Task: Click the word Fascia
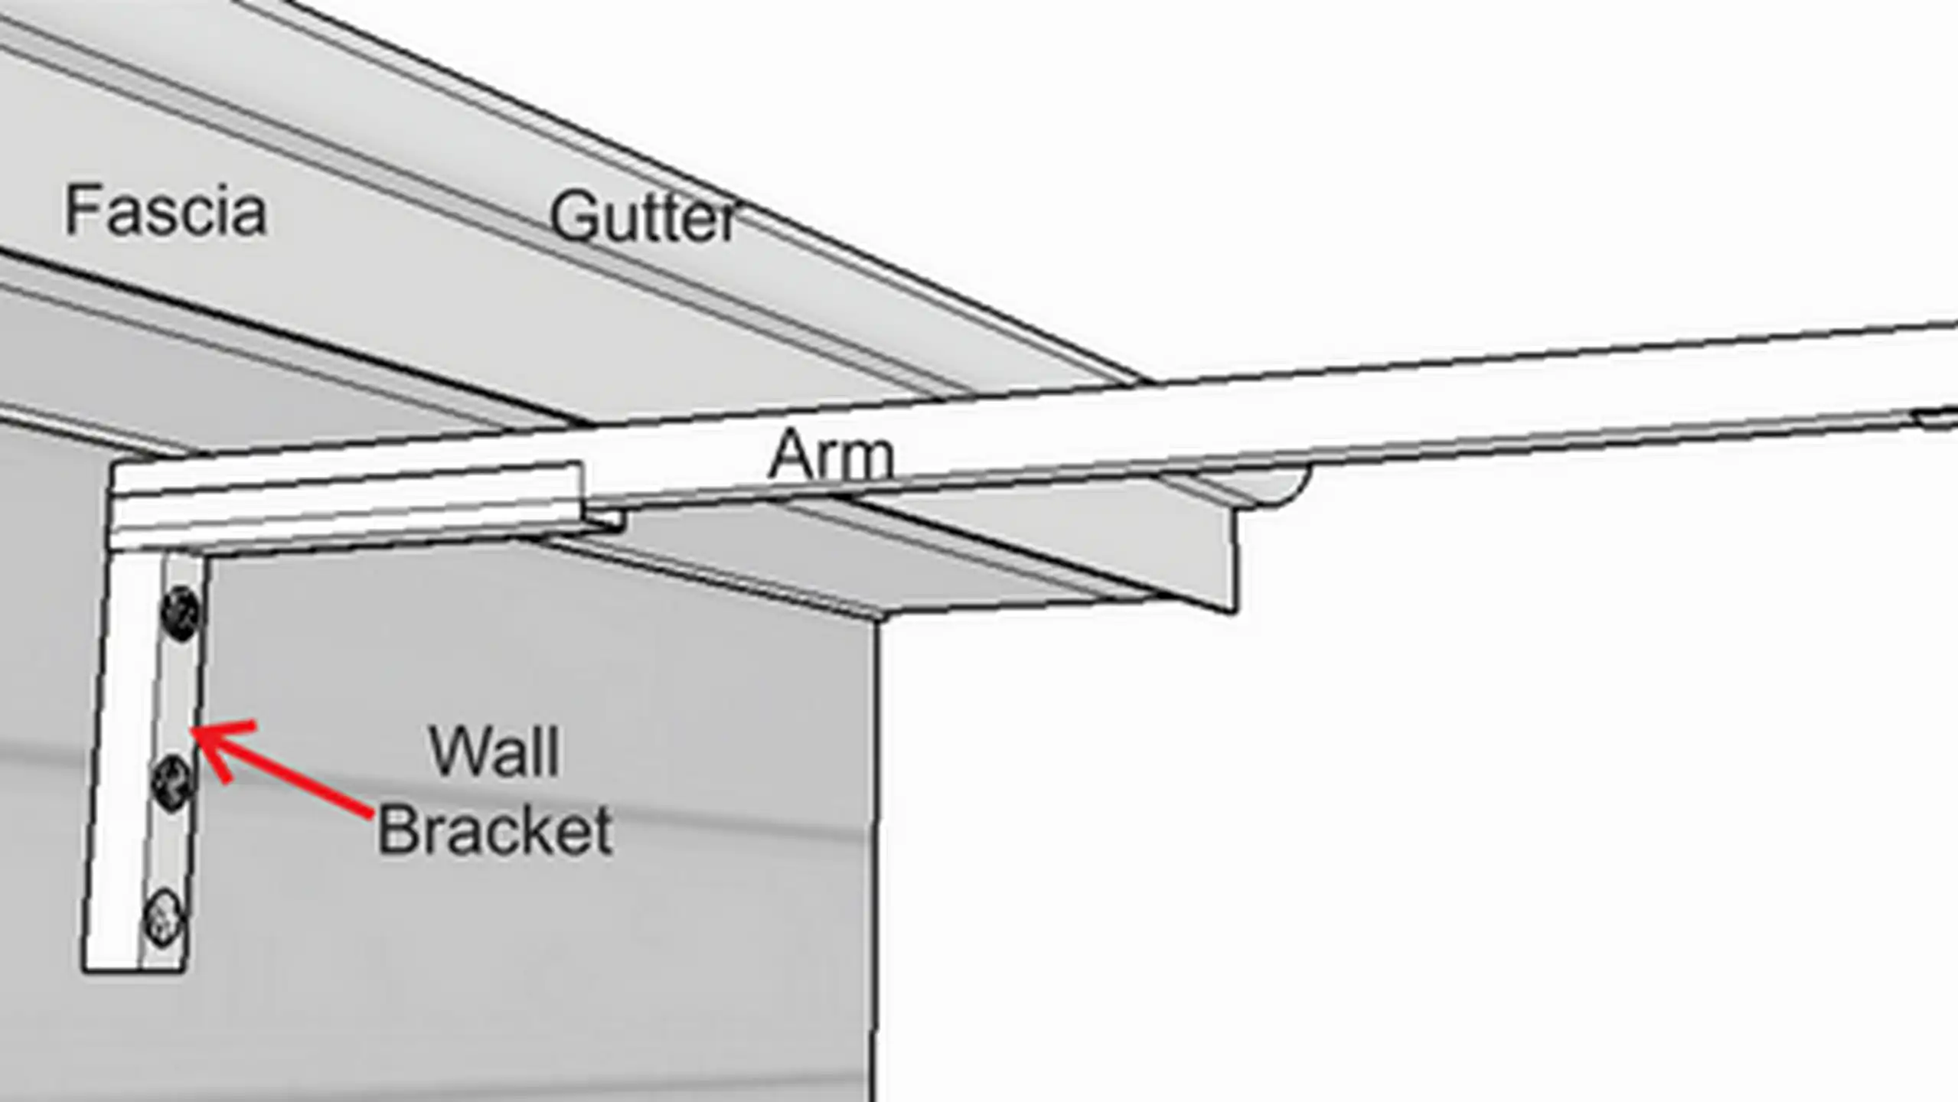(x=165, y=210)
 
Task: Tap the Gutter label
(x=643, y=217)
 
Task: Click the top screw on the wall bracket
(x=181, y=613)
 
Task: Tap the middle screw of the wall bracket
(x=172, y=781)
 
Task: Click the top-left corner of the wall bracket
(x=115, y=464)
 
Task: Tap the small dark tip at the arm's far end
(x=1937, y=418)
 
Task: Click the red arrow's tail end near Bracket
(x=370, y=816)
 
